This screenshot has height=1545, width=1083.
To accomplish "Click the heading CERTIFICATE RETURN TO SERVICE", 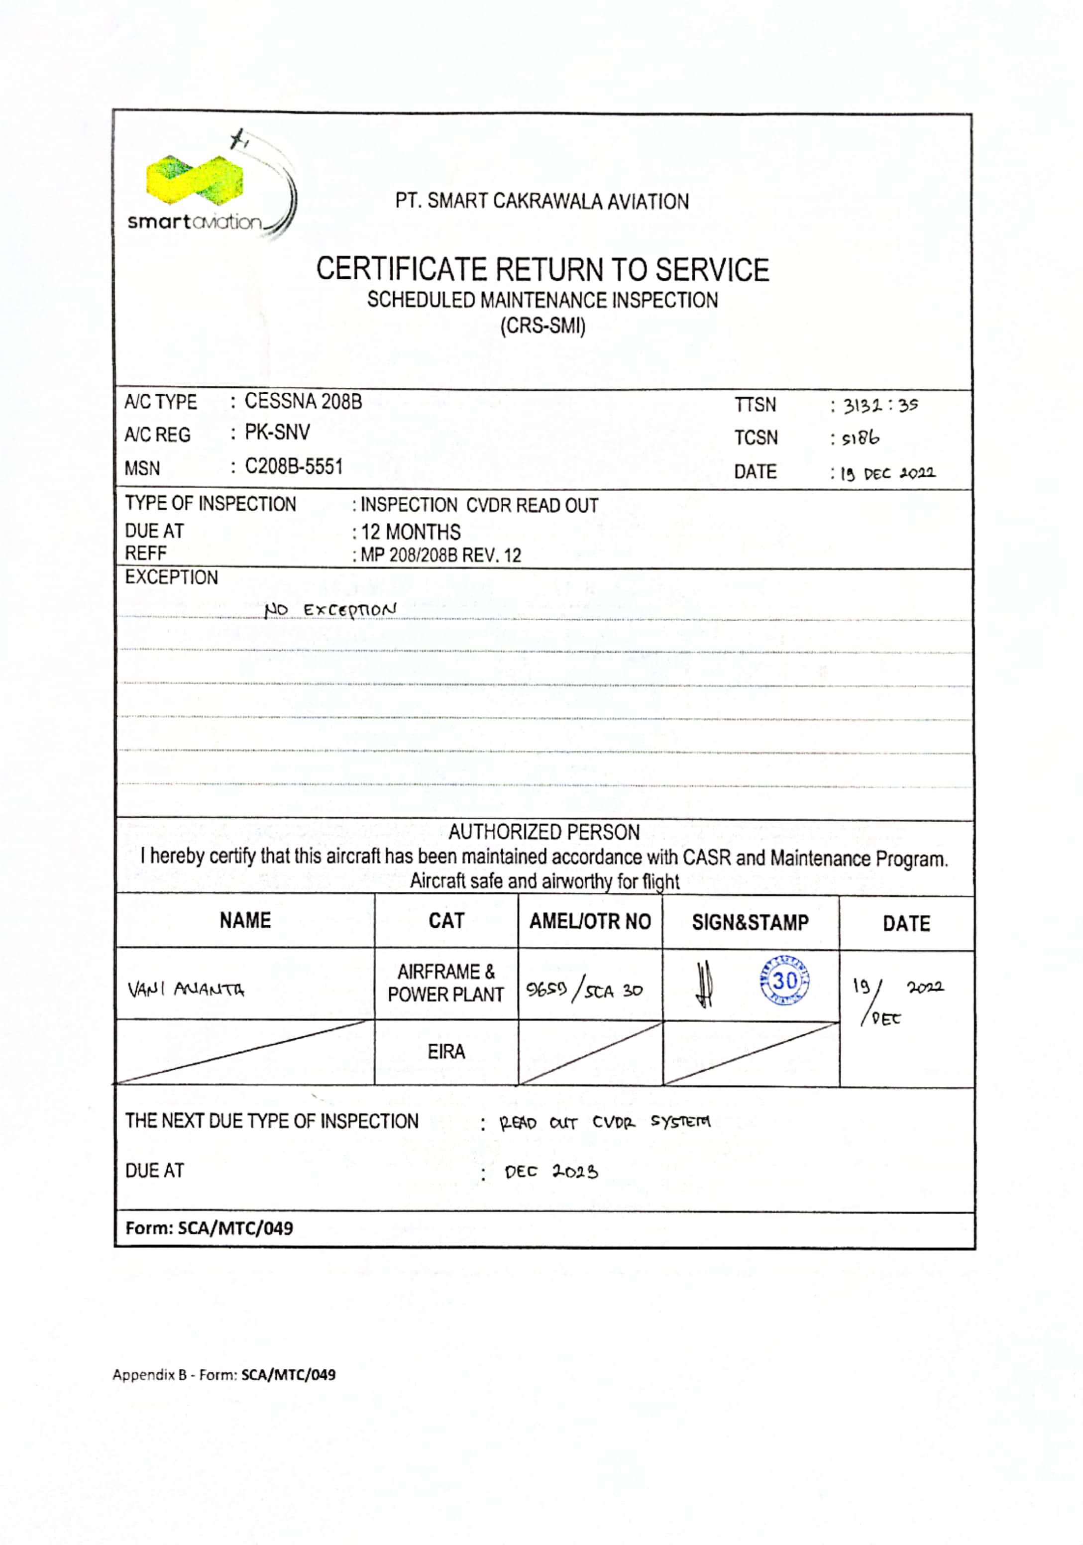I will (542, 270).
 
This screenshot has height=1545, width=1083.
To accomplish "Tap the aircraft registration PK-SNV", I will (277, 432).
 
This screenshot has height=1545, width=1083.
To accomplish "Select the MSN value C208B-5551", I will (293, 466).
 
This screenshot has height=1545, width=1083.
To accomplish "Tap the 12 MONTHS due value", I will (410, 532).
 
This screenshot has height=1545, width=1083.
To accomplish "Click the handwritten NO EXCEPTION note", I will (330, 610).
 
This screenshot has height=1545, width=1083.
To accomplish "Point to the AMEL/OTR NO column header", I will (590, 921).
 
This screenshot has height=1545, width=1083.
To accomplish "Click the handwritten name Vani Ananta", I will (186, 989).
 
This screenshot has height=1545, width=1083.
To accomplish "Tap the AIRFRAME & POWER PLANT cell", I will (445, 983).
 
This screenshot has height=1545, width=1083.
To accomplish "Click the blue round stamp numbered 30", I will (784, 981).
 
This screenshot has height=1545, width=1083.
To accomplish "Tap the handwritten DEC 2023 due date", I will (551, 1172).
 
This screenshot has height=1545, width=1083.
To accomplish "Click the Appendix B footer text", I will (224, 1375).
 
